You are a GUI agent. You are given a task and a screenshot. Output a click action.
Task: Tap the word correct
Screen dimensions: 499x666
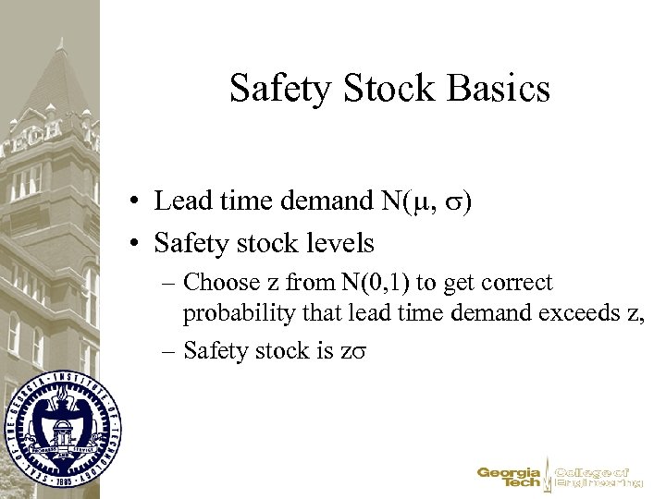tap(513, 283)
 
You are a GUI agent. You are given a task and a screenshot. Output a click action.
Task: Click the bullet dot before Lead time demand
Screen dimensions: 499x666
tap(135, 201)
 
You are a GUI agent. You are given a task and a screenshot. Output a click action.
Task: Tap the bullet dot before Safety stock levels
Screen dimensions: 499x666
tap(135, 244)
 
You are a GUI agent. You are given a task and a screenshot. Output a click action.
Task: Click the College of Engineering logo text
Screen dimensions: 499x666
tap(599, 476)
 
